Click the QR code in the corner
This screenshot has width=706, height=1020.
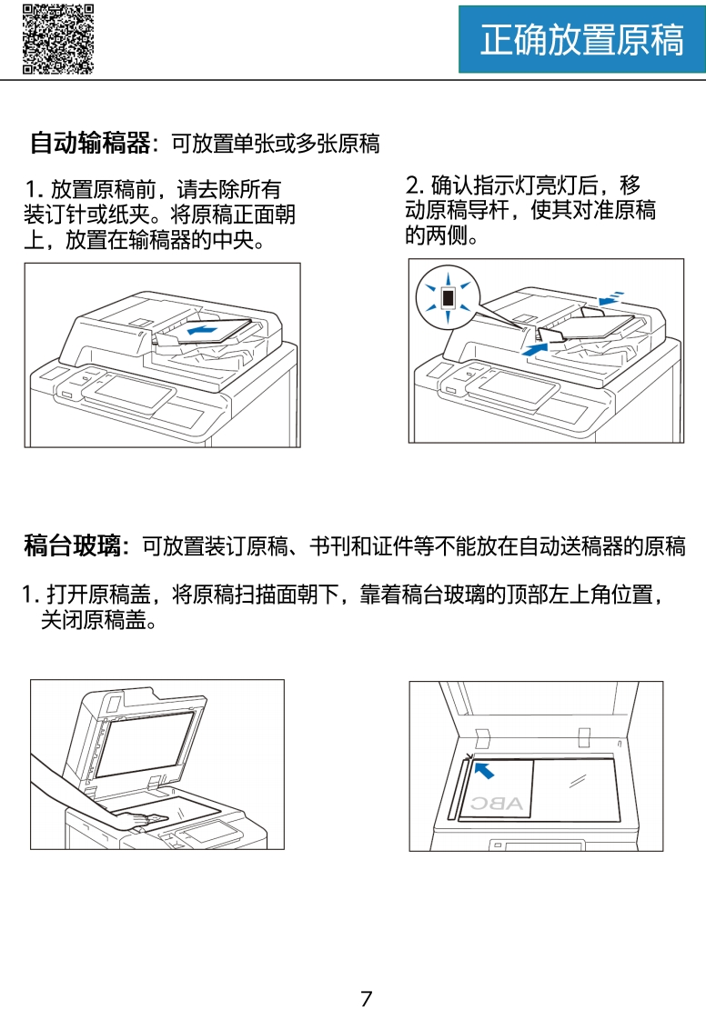(x=58, y=38)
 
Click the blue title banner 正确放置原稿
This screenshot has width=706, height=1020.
(x=581, y=39)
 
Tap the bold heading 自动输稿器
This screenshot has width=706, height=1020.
(x=90, y=143)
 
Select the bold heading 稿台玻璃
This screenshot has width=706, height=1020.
(x=72, y=545)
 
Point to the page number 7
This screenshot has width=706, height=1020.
(x=367, y=998)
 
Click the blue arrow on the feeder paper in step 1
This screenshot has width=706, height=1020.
(x=201, y=331)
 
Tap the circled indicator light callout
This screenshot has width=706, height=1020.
(x=448, y=296)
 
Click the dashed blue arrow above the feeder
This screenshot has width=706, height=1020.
(x=611, y=298)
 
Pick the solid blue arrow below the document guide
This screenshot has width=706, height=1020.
(x=535, y=349)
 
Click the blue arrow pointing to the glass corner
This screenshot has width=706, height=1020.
(x=484, y=771)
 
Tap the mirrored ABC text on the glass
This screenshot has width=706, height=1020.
(x=497, y=804)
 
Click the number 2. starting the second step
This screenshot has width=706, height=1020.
(x=414, y=185)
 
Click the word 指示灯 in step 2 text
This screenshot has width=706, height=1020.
(x=482, y=185)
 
